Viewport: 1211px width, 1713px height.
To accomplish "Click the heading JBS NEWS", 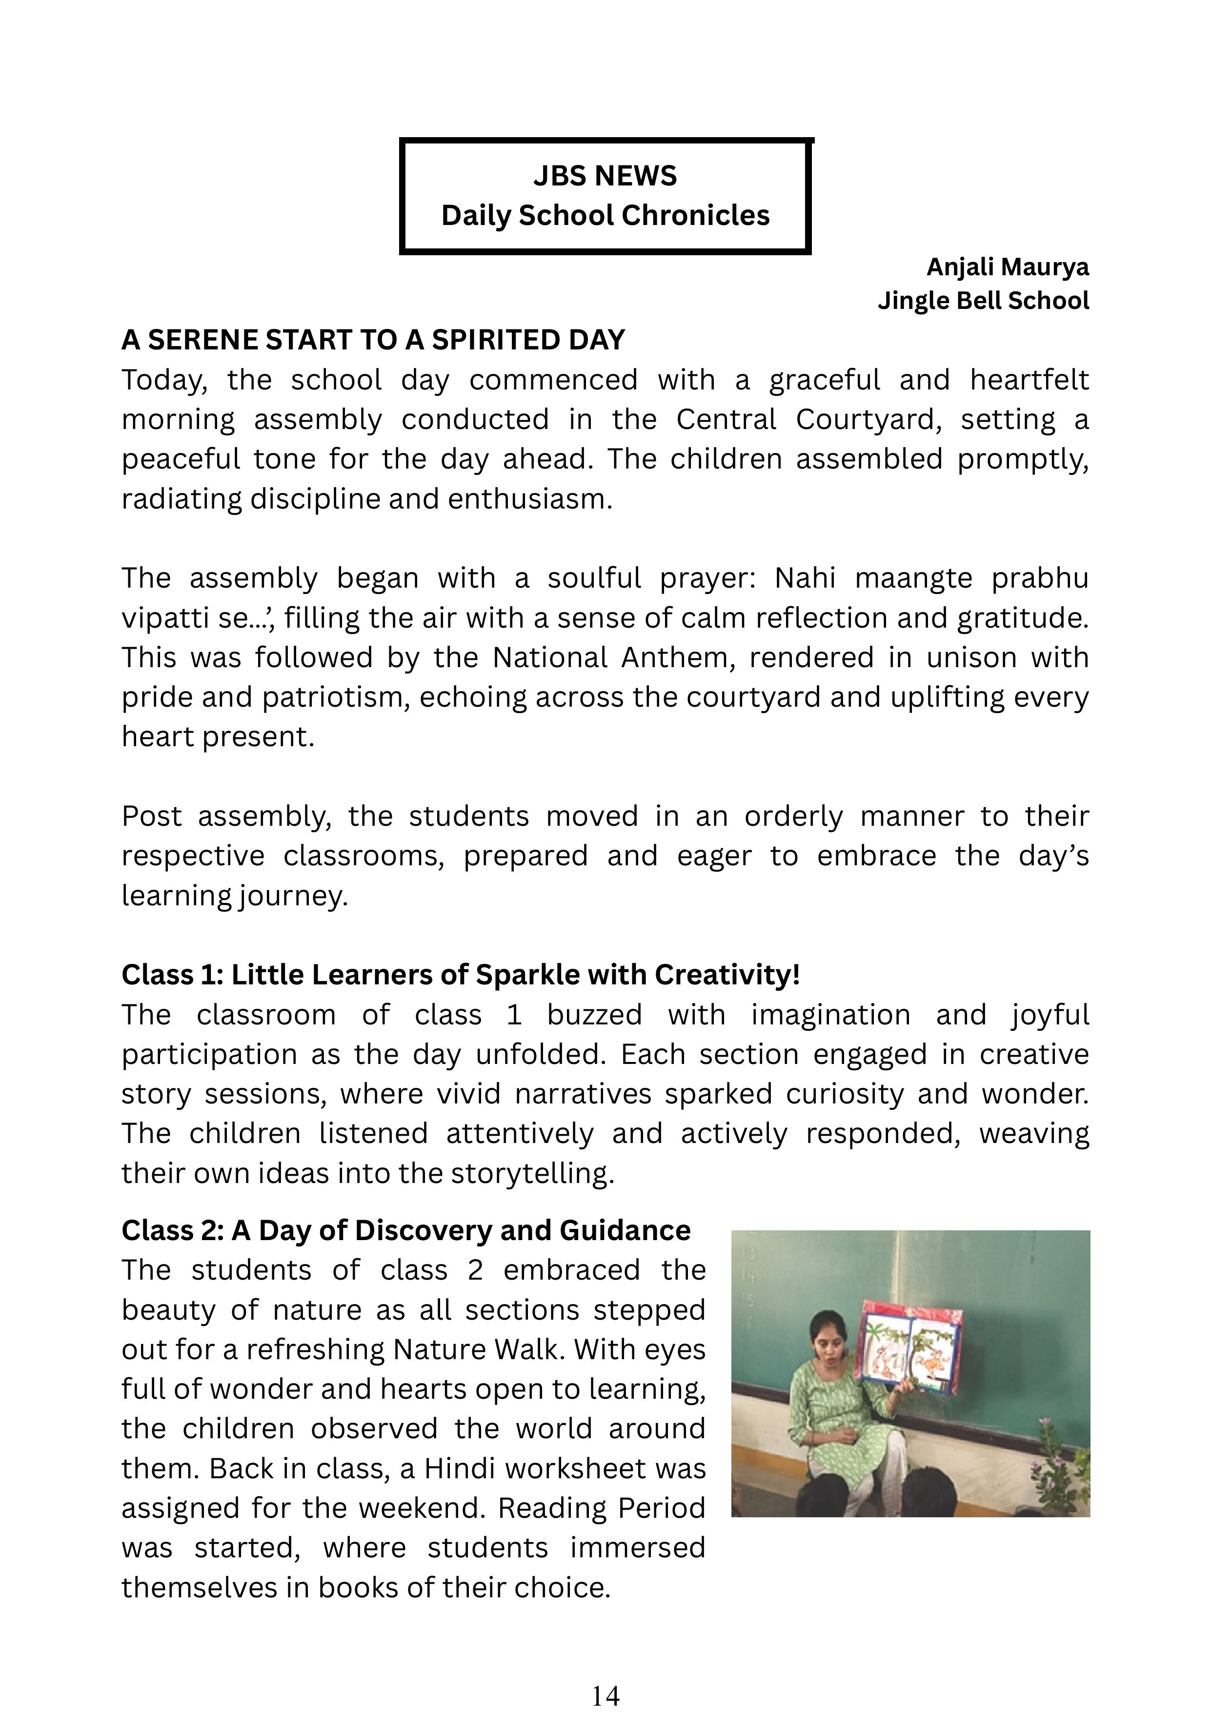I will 605,176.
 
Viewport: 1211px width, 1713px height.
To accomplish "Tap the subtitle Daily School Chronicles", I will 605,216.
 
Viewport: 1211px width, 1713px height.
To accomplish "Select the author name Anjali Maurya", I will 1008,267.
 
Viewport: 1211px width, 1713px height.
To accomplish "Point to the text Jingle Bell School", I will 983,301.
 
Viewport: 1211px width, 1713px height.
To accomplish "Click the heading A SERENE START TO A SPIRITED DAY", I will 373,340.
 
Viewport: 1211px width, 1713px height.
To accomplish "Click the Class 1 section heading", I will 460,975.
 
